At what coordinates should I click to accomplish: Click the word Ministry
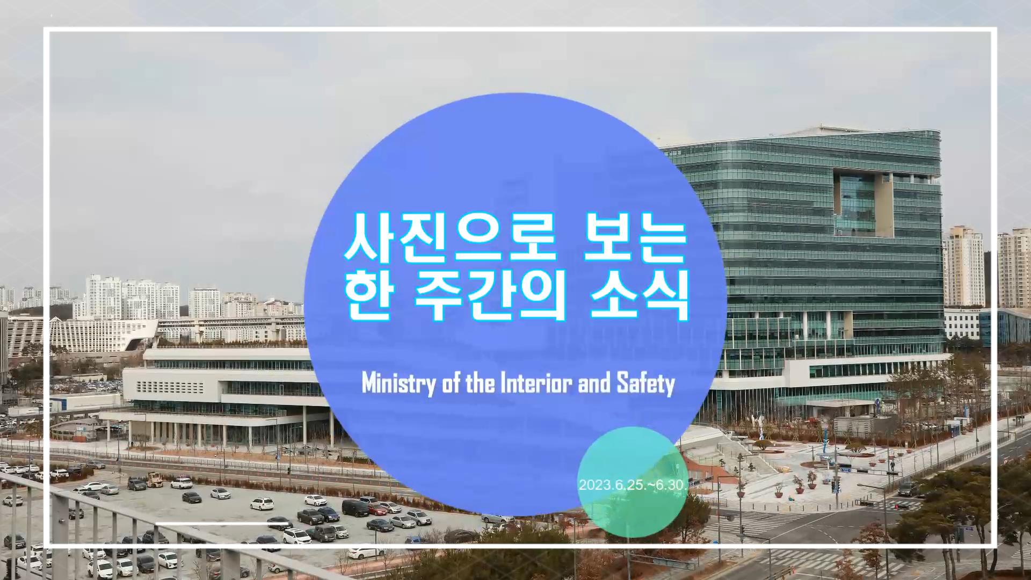(x=397, y=385)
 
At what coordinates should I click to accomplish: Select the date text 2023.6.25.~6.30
(x=631, y=485)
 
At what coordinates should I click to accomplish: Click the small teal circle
(x=632, y=482)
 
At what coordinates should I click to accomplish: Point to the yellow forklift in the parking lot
(x=155, y=479)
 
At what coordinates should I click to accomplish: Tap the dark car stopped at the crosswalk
(x=907, y=489)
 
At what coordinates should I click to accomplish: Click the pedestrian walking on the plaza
(x=892, y=465)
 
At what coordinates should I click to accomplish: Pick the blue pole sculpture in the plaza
(x=824, y=438)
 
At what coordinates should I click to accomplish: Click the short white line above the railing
(x=217, y=523)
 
